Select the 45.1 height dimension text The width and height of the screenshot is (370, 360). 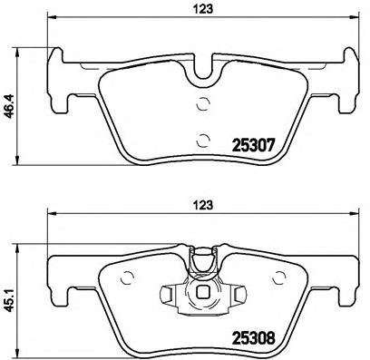(x=11, y=295)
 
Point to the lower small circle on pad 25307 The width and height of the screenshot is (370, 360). (x=202, y=140)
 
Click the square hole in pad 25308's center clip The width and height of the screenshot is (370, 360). (x=204, y=292)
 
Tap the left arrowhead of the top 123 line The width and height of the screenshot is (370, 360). (x=50, y=20)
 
